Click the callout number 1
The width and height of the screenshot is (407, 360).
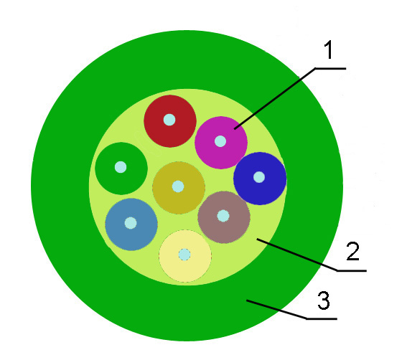329,49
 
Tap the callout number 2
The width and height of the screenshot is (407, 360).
353,251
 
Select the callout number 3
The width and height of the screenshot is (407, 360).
324,300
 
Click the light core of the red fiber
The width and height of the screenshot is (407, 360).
169,120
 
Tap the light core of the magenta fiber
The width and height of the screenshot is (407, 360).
220,141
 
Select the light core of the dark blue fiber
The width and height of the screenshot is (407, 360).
259,177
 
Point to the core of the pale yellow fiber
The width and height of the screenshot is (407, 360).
184,255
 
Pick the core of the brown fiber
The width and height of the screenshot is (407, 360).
223,216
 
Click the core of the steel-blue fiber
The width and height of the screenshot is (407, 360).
131,223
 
